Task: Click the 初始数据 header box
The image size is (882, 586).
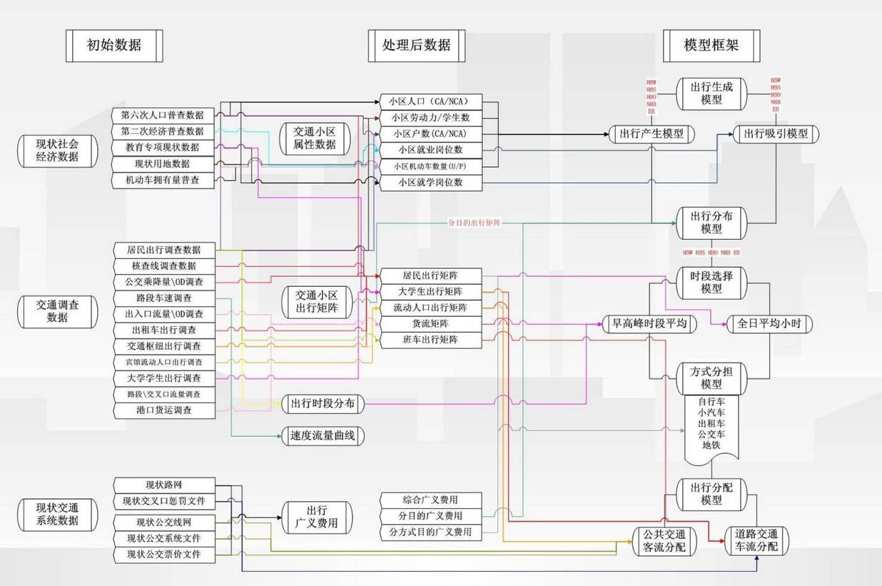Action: tap(114, 46)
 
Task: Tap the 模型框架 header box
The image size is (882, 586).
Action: tap(711, 46)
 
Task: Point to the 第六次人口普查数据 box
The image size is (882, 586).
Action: tap(163, 115)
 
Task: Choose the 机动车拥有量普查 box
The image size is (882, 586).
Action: tap(163, 181)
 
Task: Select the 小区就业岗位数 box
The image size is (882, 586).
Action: tap(430, 150)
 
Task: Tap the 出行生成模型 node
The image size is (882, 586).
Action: tap(711, 93)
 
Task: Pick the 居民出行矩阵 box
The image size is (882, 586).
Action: tap(430, 276)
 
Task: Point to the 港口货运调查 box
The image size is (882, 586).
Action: tap(163, 410)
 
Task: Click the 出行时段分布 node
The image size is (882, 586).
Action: tap(323, 404)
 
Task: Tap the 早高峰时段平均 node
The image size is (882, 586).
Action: tap(649, 324)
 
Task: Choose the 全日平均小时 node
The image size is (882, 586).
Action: tap(769, 324)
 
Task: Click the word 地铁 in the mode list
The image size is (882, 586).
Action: tap(711, 445)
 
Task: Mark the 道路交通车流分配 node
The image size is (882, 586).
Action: tap(756, 540)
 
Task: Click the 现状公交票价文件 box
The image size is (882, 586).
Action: tap(163, 555)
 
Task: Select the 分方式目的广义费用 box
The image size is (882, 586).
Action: tap(430, 532)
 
